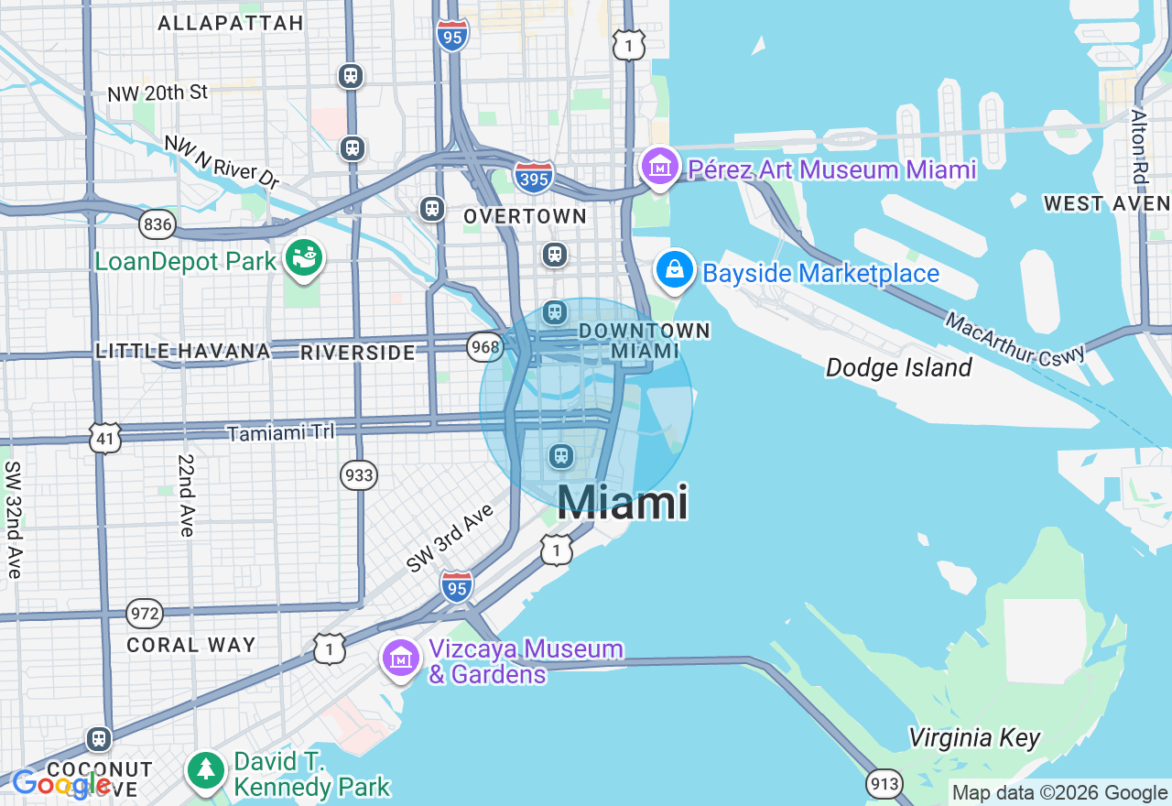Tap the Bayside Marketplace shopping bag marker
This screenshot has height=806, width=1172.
tap(675, 270)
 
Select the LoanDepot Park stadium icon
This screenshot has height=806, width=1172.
tap(304, 259)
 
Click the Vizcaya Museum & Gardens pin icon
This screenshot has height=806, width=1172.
tap(401, 659)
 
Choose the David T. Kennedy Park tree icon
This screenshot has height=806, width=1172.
tap(207, 771)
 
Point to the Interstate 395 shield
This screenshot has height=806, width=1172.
tap(533, 177)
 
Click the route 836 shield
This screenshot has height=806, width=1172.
tap(157, 223)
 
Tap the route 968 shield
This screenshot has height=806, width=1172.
tap(483, 346)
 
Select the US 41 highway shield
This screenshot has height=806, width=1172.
tap(105, 439)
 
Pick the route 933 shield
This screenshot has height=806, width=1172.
tap(359, 474)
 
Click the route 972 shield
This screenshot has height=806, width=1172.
tap(145, 614)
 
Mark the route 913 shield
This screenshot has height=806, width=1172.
tap(884, 783)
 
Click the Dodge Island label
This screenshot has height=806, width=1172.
tap(898, 368)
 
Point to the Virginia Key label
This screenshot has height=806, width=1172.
tap(974, 738)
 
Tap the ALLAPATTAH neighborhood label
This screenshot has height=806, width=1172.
tap(231, 23)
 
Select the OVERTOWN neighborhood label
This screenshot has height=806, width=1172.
tap(525, 216)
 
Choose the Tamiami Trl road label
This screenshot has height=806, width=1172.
tap(280, 432)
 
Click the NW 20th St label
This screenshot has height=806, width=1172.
tap(157, 93)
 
